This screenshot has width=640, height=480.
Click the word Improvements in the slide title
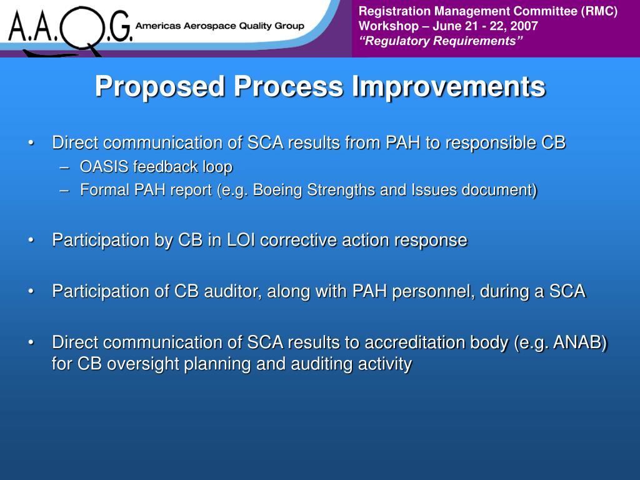coord(449,86)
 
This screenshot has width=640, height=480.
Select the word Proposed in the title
coord(160,87)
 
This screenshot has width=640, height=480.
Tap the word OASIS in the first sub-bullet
coord(104,166)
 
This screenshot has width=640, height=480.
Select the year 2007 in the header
coord(524,26)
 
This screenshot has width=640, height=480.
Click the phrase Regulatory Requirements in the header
coord(441,41)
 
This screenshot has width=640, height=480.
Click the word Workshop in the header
coord(389,26)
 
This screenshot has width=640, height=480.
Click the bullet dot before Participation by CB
coord(31,241)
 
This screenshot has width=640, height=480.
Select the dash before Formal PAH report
coord(64,191)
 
